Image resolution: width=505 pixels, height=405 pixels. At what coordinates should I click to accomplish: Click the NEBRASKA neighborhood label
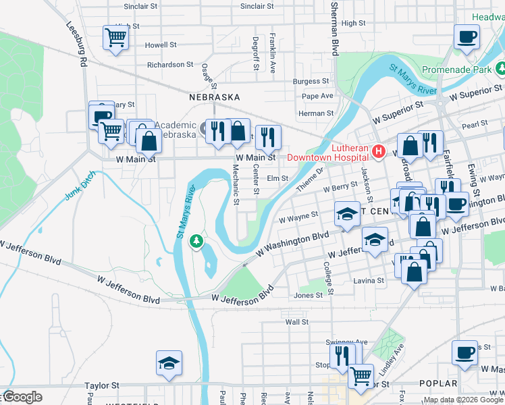[214, 97]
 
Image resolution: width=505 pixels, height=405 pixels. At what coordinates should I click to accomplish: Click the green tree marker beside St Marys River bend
[196, 240]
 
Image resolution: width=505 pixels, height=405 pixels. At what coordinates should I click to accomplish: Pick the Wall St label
[296, 322]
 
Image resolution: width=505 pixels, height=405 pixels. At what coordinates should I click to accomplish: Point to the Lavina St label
[371, 280]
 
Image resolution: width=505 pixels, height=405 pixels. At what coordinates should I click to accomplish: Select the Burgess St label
[311, 81]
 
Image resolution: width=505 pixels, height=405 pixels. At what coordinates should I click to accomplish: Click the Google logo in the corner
[22, 397]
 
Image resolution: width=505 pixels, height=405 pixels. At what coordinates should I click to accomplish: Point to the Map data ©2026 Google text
[463, 400]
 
